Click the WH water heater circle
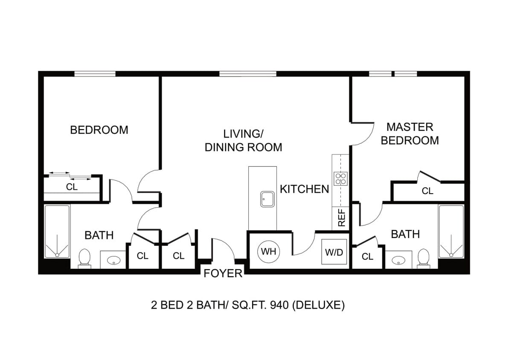(268, 251)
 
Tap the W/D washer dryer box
(334, 252)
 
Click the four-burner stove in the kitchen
(340, 178)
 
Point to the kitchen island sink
(268, 199)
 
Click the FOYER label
(223, 273)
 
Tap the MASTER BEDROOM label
(410, 134)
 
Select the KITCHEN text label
(304, 189)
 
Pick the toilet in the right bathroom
(423, 258)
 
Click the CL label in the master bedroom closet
(427, 192)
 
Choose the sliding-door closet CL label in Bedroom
(72, 187)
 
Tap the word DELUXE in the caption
(318, 305)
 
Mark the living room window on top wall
(248, 74)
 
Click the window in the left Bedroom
(95, 74)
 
